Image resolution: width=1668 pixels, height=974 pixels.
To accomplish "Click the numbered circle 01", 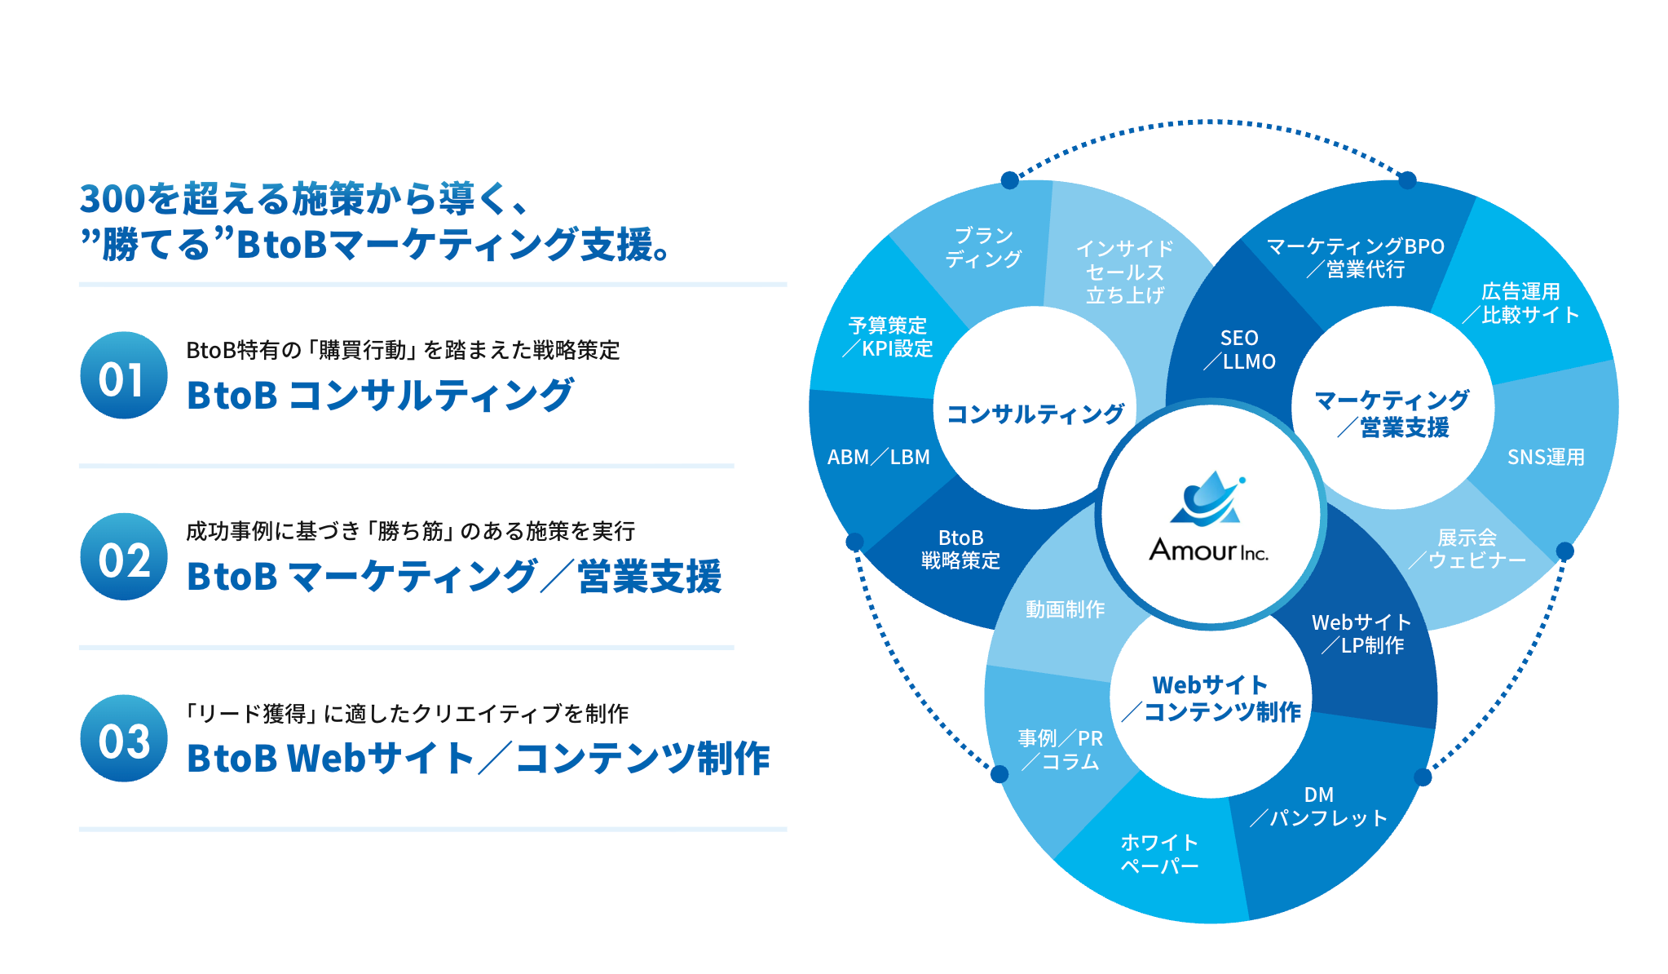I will coord(124,376).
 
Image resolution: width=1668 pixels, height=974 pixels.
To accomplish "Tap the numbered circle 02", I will coord(124,557).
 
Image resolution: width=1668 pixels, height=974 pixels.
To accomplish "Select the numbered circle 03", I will coord(124,738).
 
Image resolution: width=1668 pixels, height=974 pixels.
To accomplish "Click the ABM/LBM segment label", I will coord(878,457).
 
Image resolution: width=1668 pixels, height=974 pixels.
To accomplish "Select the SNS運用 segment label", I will coord(1545,457).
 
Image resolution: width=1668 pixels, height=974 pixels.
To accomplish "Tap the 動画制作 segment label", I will coord(1065,609).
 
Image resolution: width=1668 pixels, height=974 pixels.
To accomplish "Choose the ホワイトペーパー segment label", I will coord(1159,853).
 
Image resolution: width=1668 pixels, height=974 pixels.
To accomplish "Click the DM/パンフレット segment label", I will coord(1319,807).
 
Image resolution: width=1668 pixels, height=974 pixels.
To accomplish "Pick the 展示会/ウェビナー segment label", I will coord(1467,549).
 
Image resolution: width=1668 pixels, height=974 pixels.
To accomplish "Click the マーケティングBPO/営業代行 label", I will coord(1355,258).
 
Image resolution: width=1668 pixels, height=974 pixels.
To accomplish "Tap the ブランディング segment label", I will coord(983,247).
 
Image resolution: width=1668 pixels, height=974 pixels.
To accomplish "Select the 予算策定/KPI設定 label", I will coord(888,337).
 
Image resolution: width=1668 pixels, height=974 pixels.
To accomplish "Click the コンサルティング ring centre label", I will coord(1035,414).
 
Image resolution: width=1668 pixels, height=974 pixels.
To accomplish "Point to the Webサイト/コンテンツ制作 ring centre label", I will coord(1211,698).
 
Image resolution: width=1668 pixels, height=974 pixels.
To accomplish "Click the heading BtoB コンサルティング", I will coord(380,396).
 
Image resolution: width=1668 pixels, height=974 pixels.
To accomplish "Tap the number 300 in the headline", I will coord(112,199).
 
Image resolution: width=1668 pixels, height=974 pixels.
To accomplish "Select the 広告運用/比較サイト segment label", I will coord(1520,303).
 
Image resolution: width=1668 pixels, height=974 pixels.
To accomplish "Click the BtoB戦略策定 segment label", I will coord(960,549).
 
